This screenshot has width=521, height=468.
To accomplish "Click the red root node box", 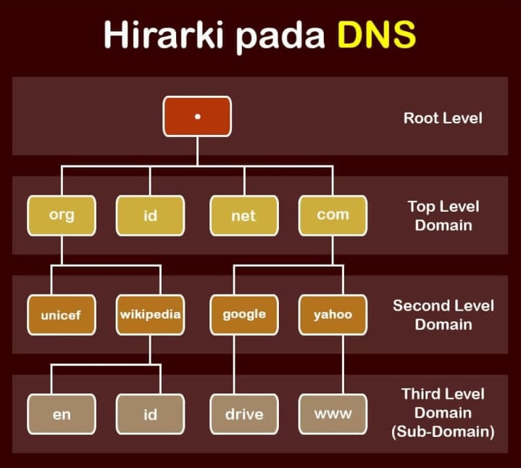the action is tap(197, 116).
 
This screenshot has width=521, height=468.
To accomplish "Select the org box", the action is tap(62, 215).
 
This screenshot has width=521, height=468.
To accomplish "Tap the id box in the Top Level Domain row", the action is tap(150, 215).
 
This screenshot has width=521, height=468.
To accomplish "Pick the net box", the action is tap(244, 215).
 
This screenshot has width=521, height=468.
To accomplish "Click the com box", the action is tap(333, 215).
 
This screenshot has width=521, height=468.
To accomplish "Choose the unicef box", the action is tap(62, 315).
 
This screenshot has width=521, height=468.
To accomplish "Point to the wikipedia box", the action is tap(150, 315).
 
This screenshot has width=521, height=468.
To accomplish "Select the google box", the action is tap(244, 315).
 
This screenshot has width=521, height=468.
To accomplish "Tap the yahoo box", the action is tap(333, 315).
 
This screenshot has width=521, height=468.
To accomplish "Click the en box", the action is tap(62, 414).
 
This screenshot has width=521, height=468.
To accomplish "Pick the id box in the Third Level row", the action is tap(150, 414).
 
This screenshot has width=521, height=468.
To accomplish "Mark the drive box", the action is tap(244, 414).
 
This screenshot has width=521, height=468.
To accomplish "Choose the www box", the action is tap(333, 414).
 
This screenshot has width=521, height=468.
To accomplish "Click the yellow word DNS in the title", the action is tap(377, 35).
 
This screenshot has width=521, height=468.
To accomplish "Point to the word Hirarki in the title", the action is tap(164, 35).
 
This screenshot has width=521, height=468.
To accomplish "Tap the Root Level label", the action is tap(443, 118).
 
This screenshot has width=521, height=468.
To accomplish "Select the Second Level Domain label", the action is tap(443, 315).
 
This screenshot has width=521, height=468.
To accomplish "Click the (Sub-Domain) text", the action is tap(443, 432).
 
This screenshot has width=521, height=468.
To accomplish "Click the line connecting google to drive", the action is tap(234, 364).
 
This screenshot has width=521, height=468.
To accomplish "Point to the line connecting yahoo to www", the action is tap(343, 364).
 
